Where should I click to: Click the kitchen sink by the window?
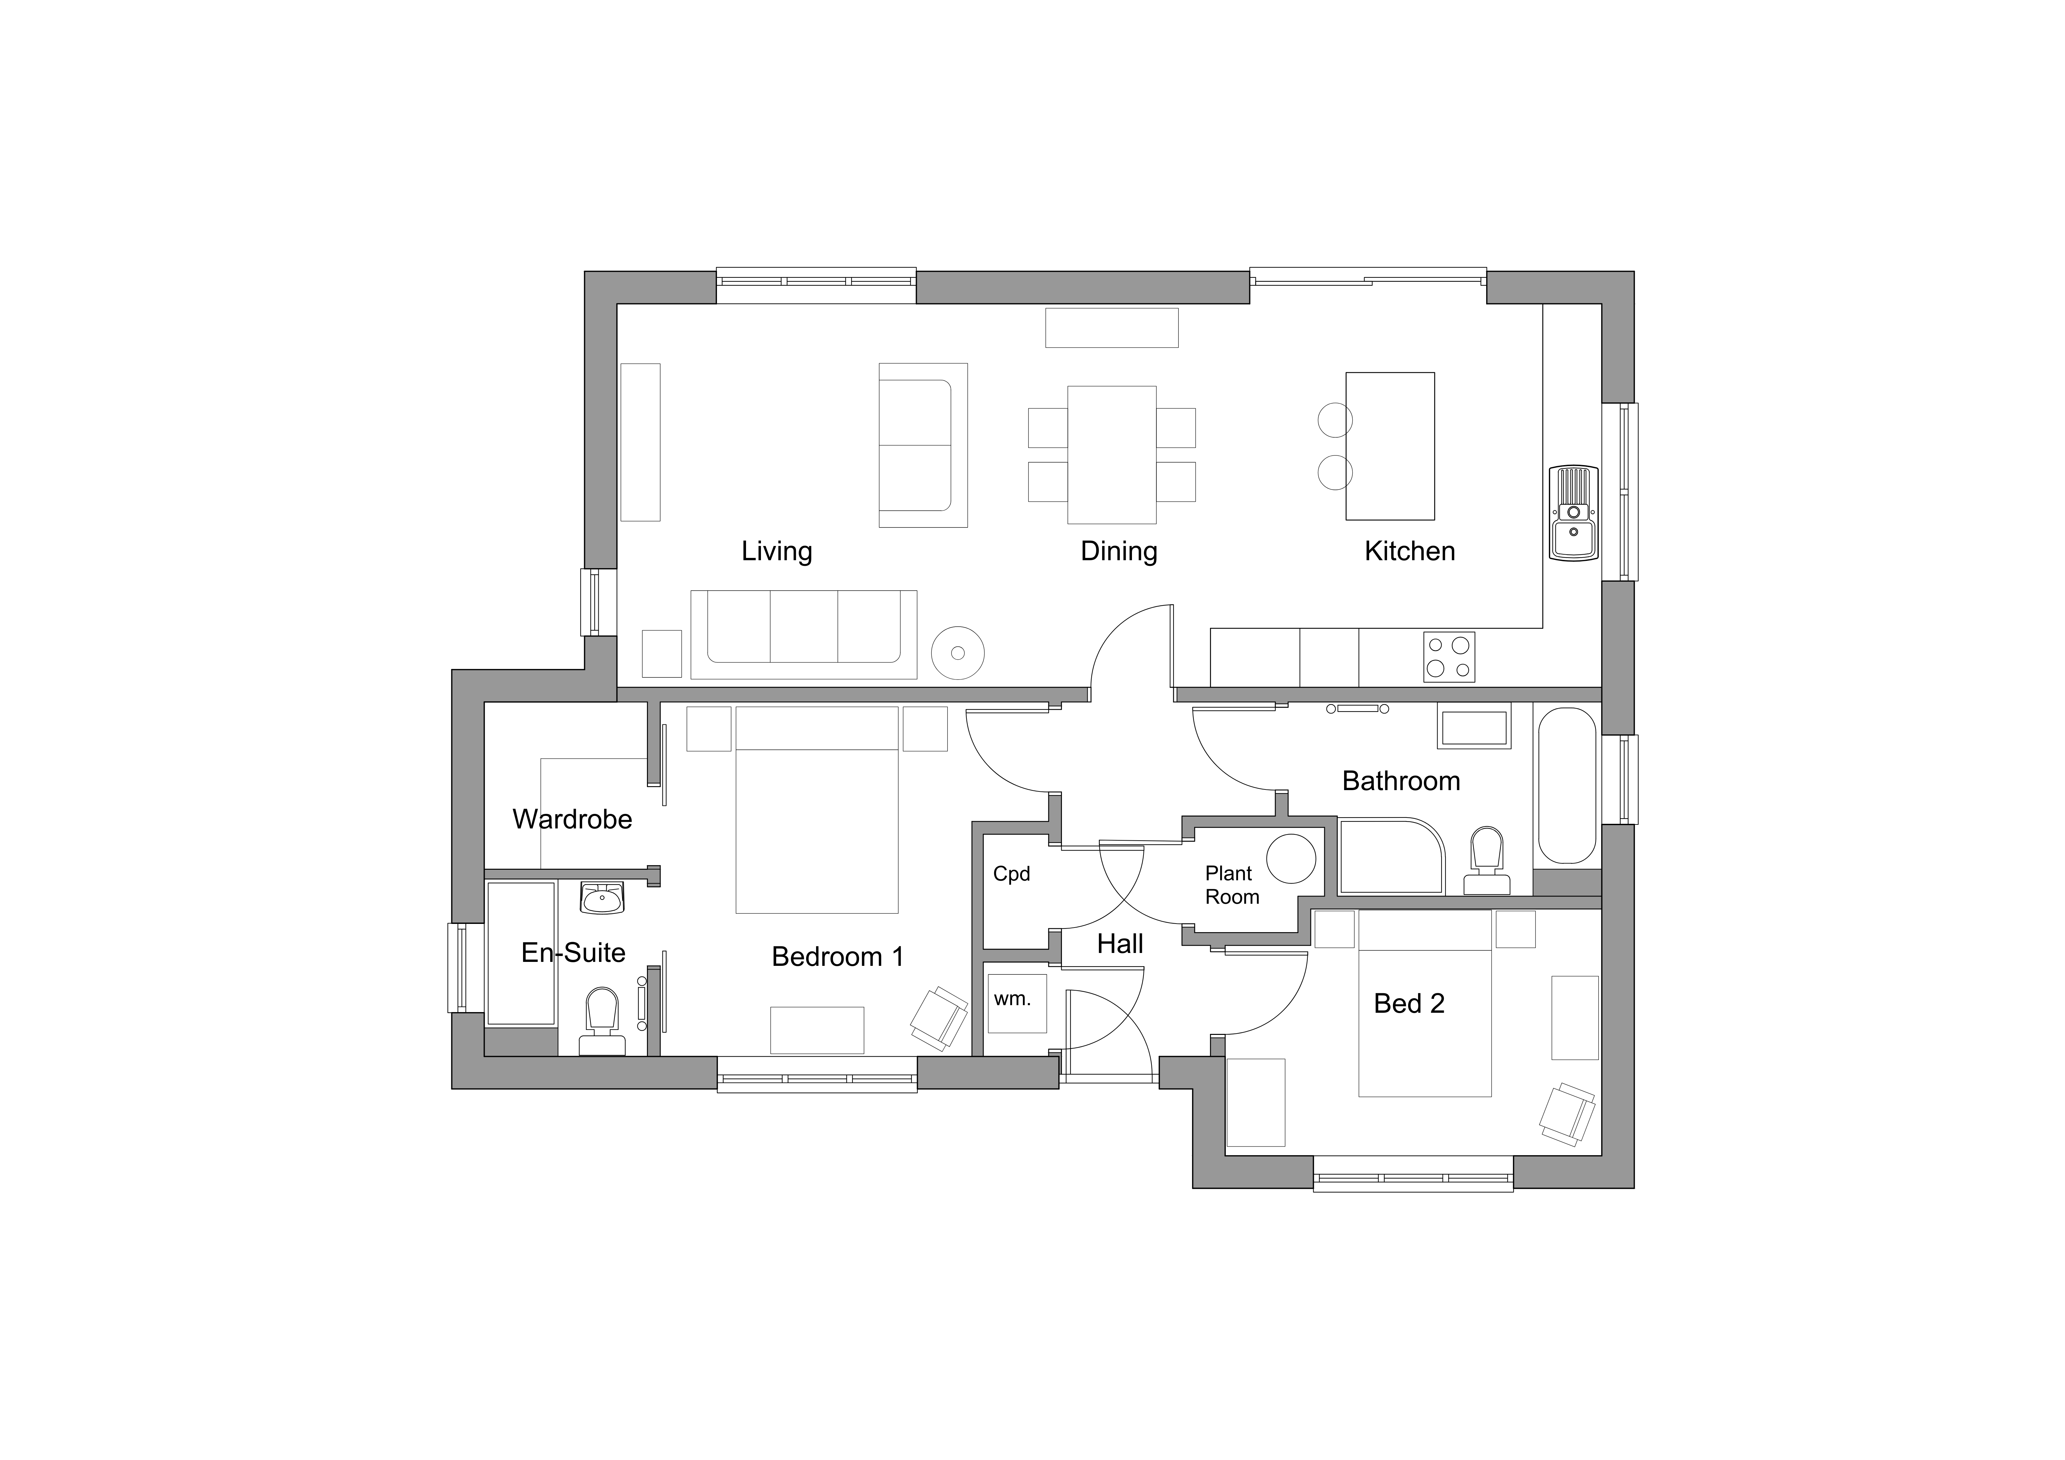coord(1573,513)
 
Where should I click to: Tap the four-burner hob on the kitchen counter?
coord(1449,657)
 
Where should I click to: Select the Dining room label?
coord(1119,551)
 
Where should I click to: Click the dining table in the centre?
coord(1112,455)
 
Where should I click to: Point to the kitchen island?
coord(1390,446)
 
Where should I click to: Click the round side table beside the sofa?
coord(958,653)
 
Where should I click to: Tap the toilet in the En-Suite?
coord(602,1021)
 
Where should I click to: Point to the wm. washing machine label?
coord(1013,999)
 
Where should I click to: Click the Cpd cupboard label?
coord(1012,874)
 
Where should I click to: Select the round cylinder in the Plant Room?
coord(1292,858)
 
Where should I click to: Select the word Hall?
coord(1120,944)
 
